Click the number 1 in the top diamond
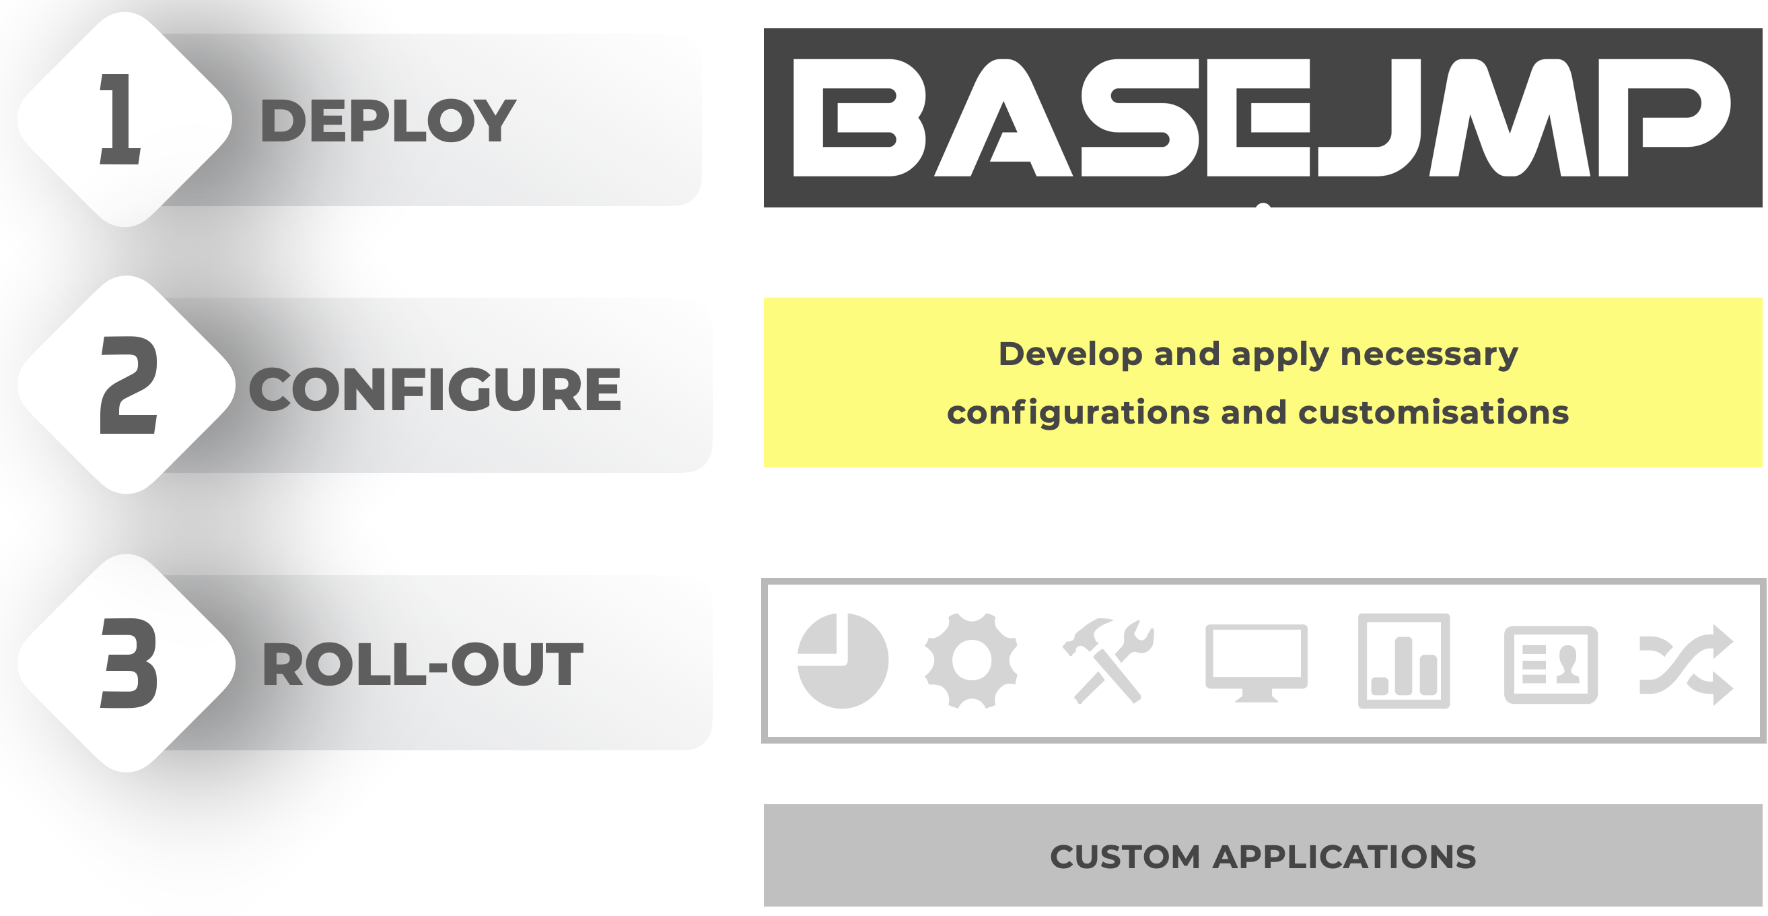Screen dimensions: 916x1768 [x=122, y=119]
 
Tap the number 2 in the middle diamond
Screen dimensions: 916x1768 [x=129, y=385]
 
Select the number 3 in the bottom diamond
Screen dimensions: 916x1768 [x=129, y=663]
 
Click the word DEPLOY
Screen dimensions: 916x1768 [x=388, y=121]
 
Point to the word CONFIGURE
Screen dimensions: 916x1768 [x=435, y=389]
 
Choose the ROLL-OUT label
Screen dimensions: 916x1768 [x=423, y=665]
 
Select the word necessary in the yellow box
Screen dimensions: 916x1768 [x=1429, y=355]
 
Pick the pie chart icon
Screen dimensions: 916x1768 [x=843, y=661]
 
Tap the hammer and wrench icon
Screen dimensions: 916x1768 [x=1108, y=661]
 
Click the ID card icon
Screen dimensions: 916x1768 [x=1551, y=664]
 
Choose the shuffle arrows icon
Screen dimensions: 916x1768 [x=1686, y=664]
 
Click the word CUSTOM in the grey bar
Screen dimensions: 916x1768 [x=1125, y=857]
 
